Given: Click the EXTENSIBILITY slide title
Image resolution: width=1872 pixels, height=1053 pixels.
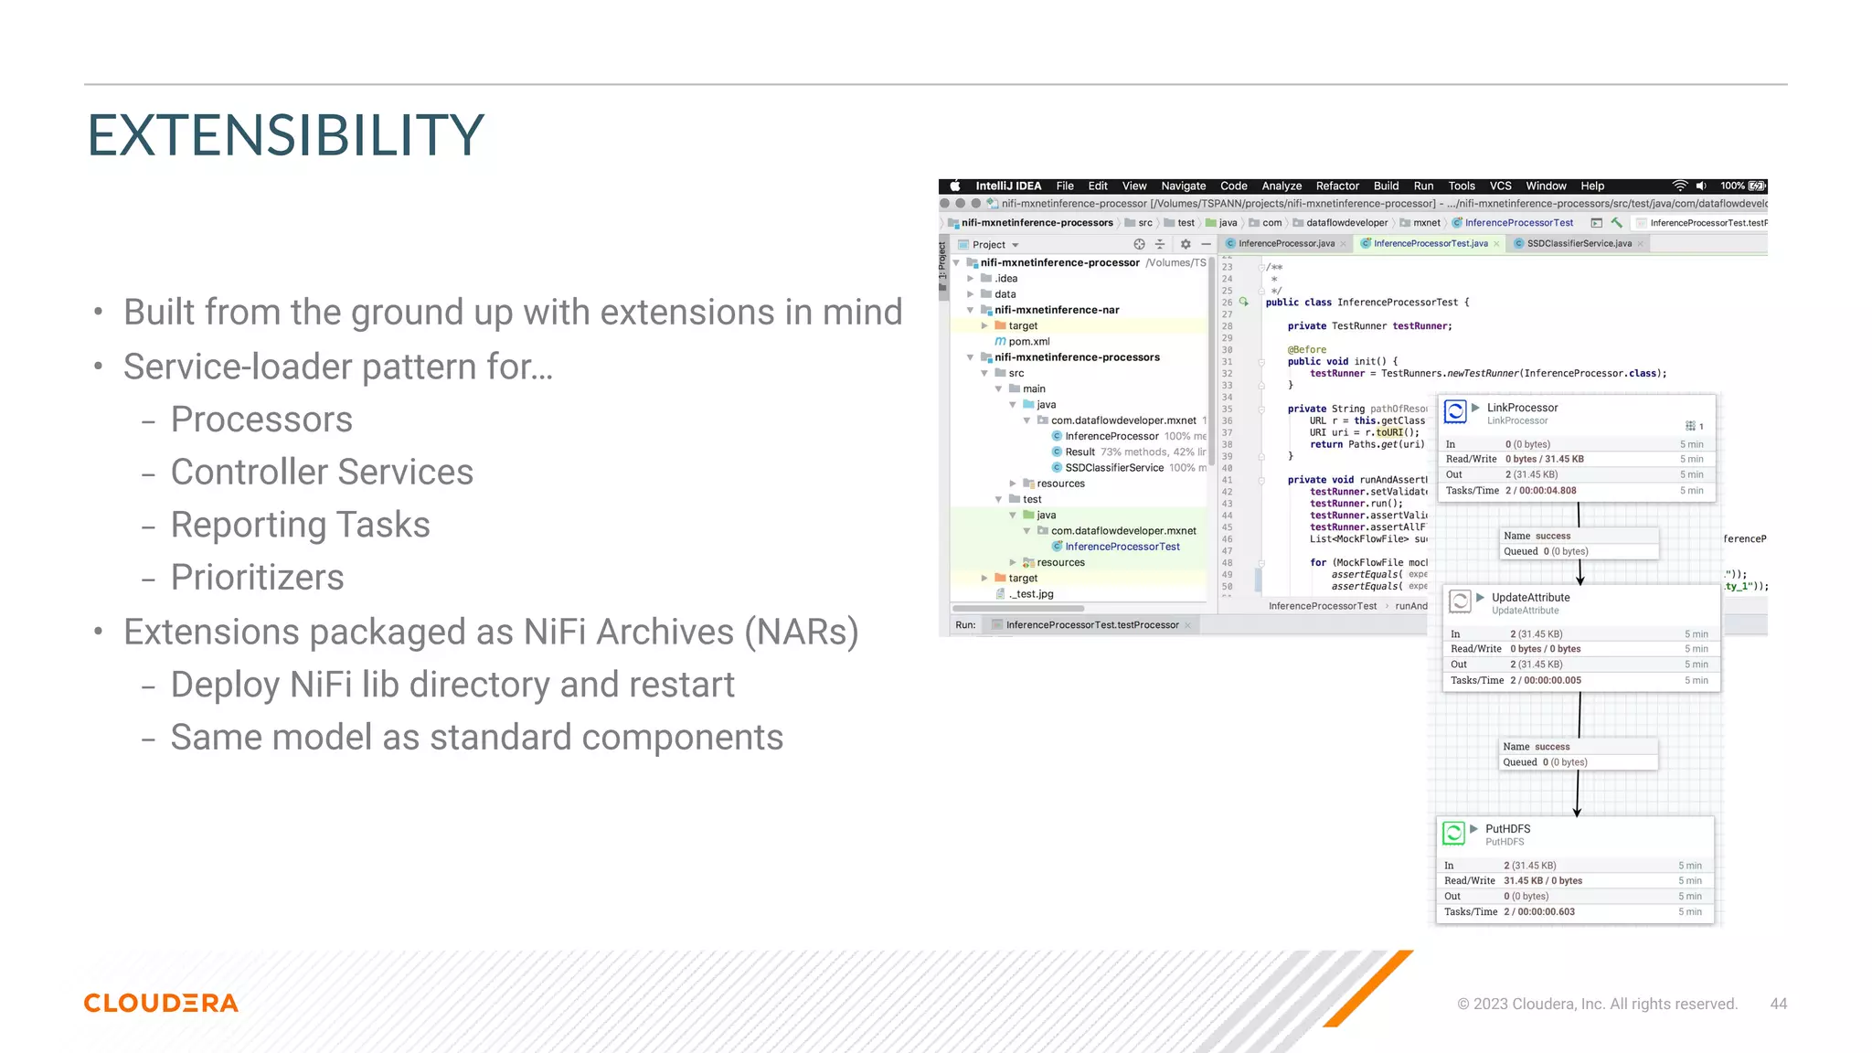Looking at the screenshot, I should pyautogui.click(x=285, y=135).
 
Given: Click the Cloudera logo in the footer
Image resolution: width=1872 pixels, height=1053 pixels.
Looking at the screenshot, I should pyautogui.click(x=161, y=1003).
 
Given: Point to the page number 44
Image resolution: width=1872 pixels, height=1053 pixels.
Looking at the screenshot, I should pyautogui.click(x=1778, y=1004).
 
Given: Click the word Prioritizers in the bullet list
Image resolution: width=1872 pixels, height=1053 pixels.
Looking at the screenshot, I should pyautogui.click(x=257, y=577).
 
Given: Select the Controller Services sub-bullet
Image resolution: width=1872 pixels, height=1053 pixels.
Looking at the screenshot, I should pyautogui.click(x=322, y=472).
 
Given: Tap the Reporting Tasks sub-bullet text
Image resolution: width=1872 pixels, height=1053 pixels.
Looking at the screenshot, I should pyautogui.click(x=300, y=525).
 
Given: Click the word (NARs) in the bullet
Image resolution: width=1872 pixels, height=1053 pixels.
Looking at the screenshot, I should pyautogui.click(x=802, y=632).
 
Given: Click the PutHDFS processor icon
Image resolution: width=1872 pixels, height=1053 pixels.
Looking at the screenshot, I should pyautogui.click(x=1453, y=833).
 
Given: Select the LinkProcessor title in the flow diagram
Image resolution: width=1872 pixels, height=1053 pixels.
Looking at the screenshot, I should pyautogui.click(x=1522, y=408).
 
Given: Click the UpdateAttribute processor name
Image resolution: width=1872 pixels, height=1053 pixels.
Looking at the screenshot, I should pyautogui.click(x=1530, y=597).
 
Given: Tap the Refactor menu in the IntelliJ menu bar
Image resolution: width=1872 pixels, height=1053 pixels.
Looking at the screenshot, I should pyautogui.click(x=1337, y=186).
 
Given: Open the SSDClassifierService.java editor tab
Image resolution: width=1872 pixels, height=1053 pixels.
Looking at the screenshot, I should pyautogui.click(x=1579, y=243).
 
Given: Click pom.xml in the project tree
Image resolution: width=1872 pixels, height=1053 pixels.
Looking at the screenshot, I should pyautogui.click(x=1029, y=341).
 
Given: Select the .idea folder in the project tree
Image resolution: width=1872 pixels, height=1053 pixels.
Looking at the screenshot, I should pyautogui.click(x=1005, y=278).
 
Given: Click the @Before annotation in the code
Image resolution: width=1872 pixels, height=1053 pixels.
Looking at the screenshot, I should pyautogui.click(x=1307, y=349).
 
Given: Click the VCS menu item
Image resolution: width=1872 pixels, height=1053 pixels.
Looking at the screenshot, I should pyautogui.click(x=1500, y=186).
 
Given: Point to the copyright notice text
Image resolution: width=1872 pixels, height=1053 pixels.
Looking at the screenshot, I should pyautogui.click(x=1597, y=1004).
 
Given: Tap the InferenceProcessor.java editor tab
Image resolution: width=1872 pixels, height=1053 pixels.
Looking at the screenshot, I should pyautogui.click(x=1286, y=243).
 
